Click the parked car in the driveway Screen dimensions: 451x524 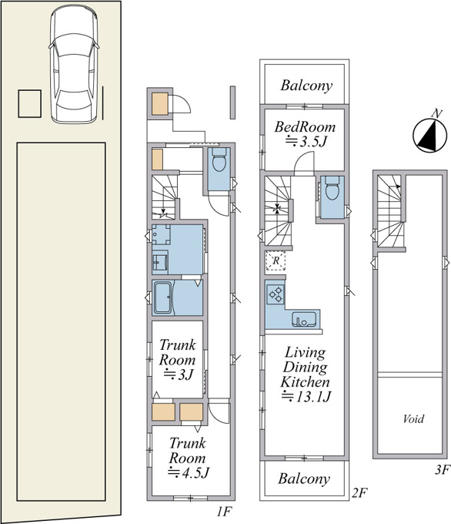[74, 64]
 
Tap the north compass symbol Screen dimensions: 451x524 [429, 133]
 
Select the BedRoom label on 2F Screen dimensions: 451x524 [305, 127]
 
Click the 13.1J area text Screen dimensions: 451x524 [306, 397]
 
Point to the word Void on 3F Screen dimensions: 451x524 [413, 418]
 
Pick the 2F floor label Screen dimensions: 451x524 [359, 492]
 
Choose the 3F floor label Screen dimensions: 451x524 [443, 470]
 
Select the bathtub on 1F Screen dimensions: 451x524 [162, 297]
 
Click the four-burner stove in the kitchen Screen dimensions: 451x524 [276, 294]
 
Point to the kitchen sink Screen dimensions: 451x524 [304, 319]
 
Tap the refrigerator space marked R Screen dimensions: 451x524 [276, 260]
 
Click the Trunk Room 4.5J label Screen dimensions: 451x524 [189, 458]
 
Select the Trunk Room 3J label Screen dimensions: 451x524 [177, 360]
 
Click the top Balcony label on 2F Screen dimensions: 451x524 [306, 86]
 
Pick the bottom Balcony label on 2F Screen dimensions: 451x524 [304, 479]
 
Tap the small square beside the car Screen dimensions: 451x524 [30, 103]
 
